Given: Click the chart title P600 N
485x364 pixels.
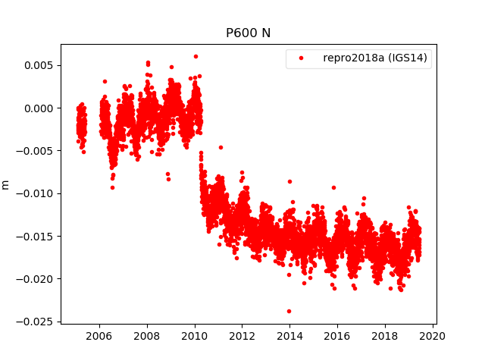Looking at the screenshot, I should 248,33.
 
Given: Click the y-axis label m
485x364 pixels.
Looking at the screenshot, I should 6,184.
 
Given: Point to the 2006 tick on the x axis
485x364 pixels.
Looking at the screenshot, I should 99,336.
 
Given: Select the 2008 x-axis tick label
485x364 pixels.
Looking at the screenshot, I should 147,336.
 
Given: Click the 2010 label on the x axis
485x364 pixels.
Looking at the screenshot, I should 195,336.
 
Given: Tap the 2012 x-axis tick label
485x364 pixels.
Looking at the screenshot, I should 242,336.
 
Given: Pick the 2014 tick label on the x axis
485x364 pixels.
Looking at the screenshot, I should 289,336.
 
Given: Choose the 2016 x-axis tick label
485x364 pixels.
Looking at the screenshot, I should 337,336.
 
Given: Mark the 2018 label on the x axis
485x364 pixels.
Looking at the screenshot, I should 385,336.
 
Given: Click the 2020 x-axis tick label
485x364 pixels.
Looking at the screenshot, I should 432,336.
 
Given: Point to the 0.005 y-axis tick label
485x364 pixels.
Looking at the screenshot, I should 38,65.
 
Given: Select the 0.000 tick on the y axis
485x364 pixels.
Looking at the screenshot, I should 38,108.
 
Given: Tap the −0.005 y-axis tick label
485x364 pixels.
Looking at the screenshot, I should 35,150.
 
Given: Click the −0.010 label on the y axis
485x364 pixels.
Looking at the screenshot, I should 35,193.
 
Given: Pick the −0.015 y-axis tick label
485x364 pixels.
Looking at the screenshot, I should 35,236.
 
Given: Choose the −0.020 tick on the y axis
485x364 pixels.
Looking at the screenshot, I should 35,278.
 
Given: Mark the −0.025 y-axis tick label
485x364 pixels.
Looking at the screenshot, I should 35,322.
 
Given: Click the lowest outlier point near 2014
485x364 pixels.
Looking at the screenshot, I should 289,311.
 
